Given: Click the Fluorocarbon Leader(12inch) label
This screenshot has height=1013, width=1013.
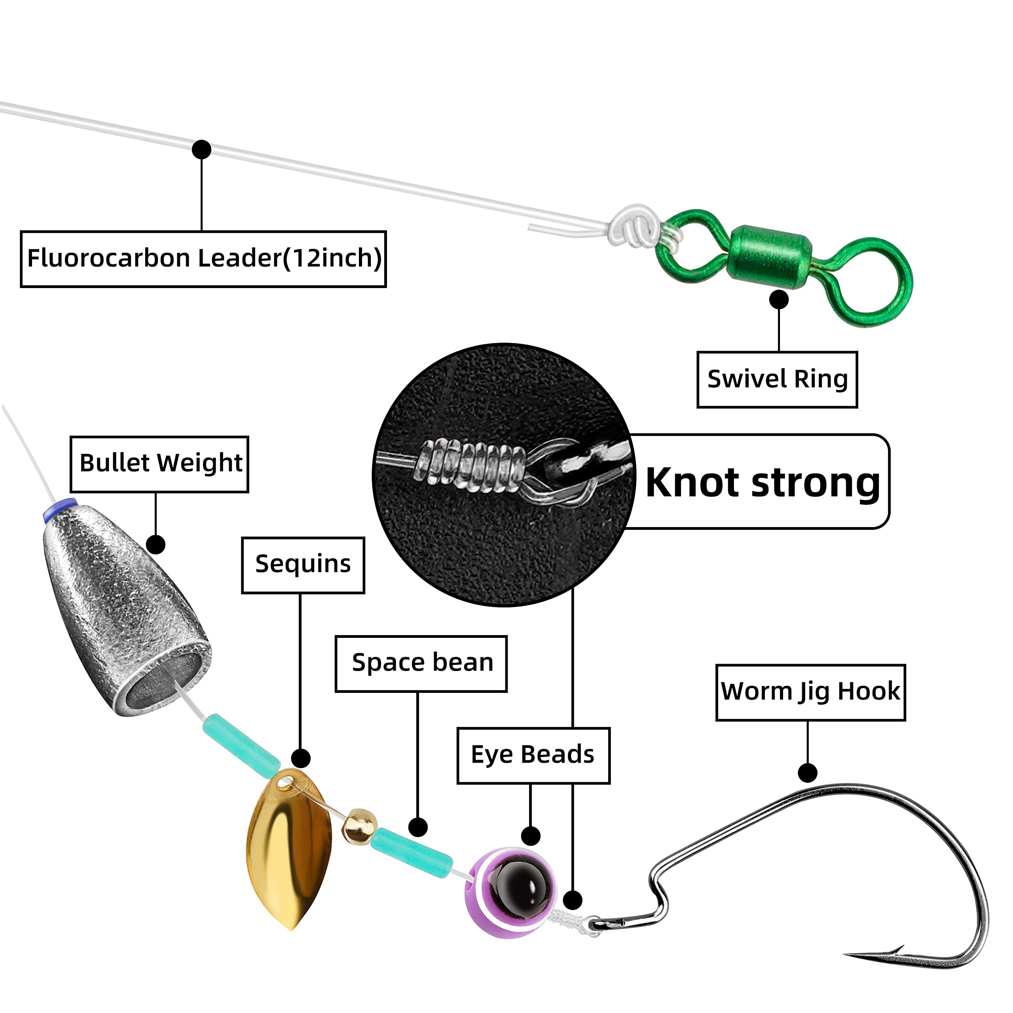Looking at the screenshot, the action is click(x=203, y=259).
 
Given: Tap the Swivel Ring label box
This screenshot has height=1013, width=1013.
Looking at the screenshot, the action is click(x=777, y=379).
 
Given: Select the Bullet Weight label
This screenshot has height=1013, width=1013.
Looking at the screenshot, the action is click(x=159, y=464).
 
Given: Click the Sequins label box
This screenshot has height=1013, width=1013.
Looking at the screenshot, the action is click(x=303, y=565).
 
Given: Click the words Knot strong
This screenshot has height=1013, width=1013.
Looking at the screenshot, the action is click(x=763, y=482).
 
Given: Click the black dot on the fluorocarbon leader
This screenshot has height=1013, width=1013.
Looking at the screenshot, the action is click(x=201, y=150).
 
